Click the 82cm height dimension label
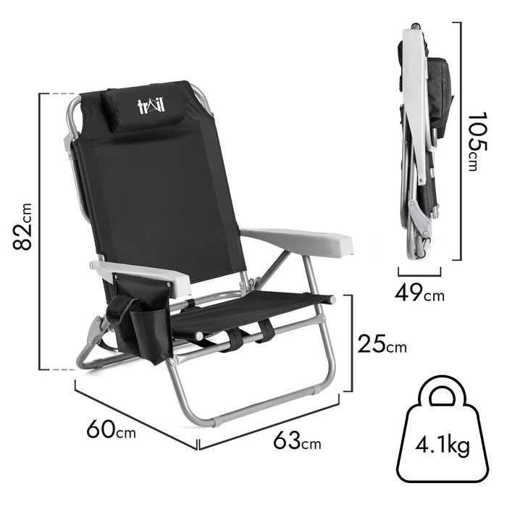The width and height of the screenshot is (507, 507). click(22, 227)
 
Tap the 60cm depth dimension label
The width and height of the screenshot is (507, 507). click(111, 429)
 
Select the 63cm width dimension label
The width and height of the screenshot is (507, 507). click(297, 440)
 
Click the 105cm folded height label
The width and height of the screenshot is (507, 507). click(477, 141)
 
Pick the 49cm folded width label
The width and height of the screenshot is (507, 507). click(419, 293)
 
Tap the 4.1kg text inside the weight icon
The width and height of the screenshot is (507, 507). click(443, 446)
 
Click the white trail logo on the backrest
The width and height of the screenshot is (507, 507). click(151, 106)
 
